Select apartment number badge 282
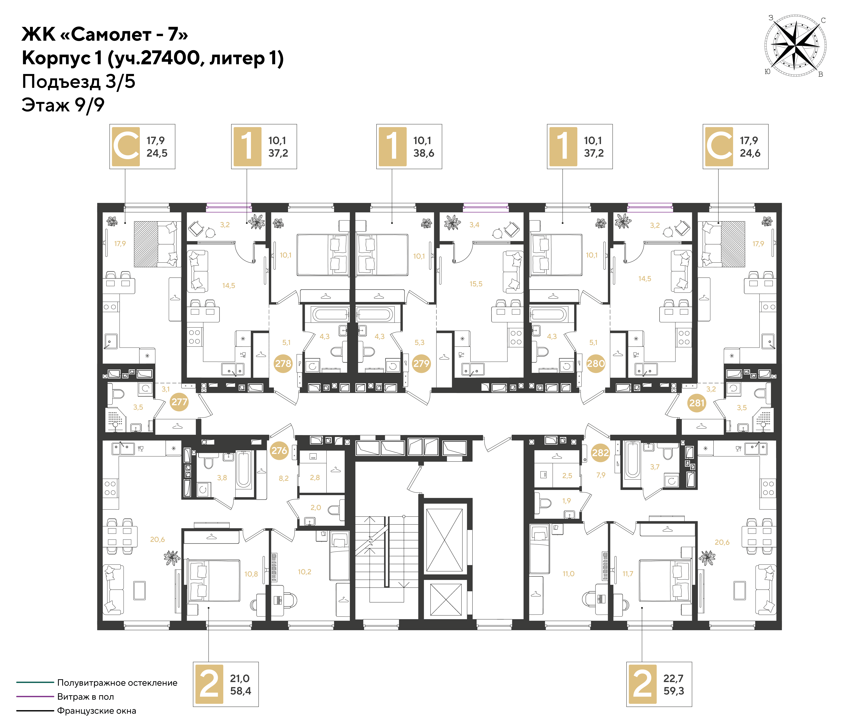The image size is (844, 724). (600, 452)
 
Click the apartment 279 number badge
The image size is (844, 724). (421, 363)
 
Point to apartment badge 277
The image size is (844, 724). (179, 402)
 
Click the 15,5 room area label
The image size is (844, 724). (476, 284)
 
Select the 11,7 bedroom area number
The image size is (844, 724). (628, 574)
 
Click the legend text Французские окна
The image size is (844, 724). (96, 710)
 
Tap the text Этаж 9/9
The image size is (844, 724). (63, 105)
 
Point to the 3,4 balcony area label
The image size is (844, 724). (474, 225)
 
